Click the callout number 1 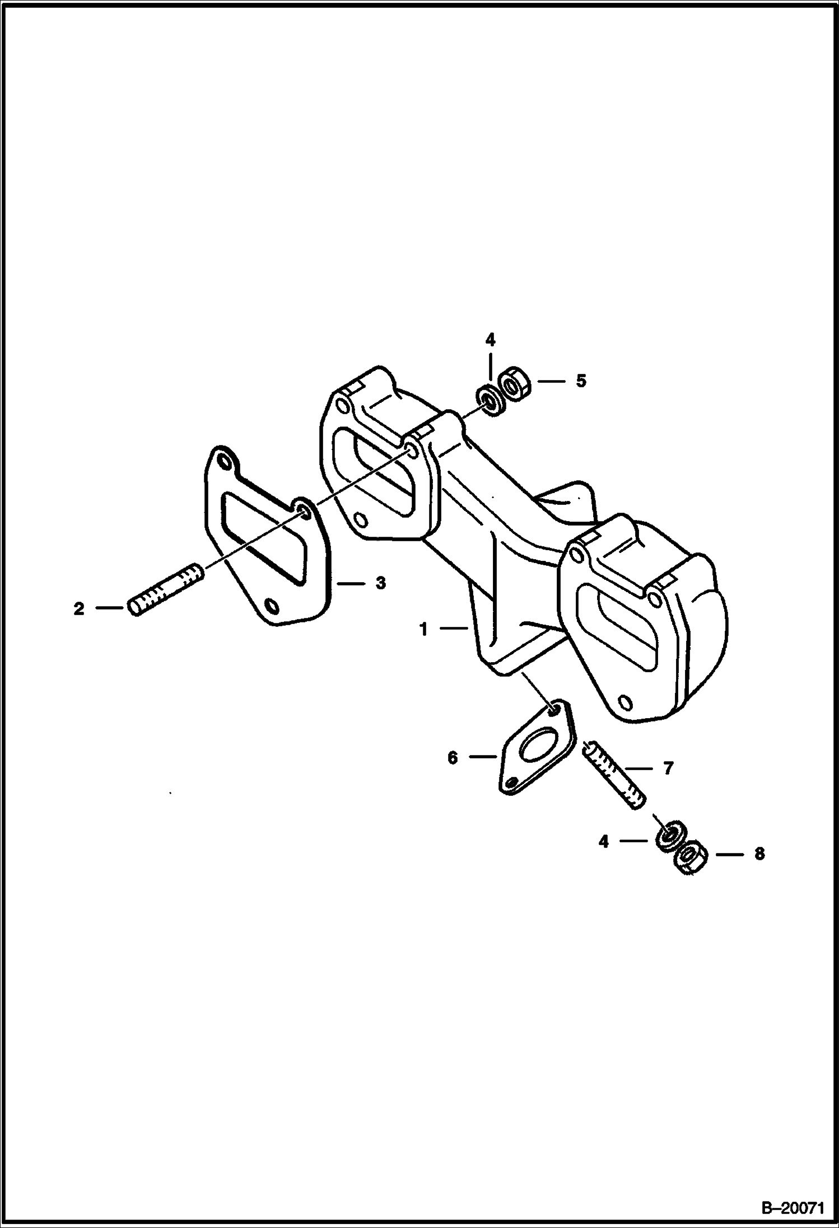point(424,630)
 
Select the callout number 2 point(79,608)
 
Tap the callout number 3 point(380,583)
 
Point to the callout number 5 point(581,381)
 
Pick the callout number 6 point(453,758)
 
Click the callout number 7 point(668,768)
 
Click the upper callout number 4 point(490,340)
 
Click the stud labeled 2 point(166,590)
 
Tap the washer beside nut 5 point(491,401)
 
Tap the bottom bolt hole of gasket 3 point(272,607)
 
